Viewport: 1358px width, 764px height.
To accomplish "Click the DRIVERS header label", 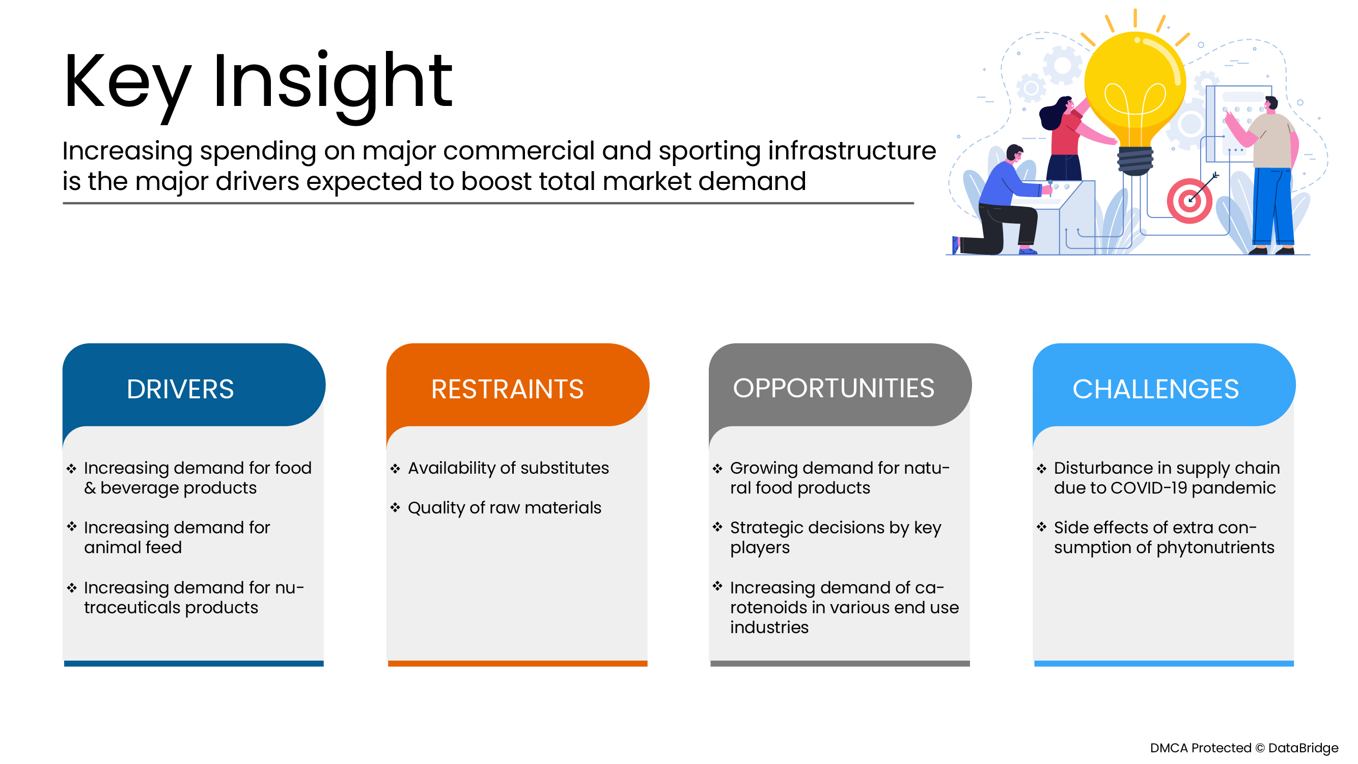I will coord(180,390).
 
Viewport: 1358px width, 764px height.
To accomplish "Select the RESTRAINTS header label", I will coord(507,390).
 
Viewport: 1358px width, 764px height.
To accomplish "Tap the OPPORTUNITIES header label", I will coord(834,389).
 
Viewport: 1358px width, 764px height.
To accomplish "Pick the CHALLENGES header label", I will coord(1155,390).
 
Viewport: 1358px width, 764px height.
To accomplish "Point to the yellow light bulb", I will coord(1135,90).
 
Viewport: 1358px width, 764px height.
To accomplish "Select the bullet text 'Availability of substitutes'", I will coord(508,468).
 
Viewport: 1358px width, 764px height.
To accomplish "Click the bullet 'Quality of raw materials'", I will coord(505,508).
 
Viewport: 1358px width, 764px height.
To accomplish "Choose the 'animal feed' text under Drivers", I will coord(133,548).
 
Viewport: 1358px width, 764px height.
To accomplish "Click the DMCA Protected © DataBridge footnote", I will coord(1243,748).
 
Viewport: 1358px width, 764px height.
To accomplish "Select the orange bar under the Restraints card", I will coord(517,664).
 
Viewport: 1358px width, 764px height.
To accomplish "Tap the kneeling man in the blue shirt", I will coord(1004,206).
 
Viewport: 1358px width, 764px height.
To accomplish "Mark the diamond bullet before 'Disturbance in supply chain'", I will coord(1041,469).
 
